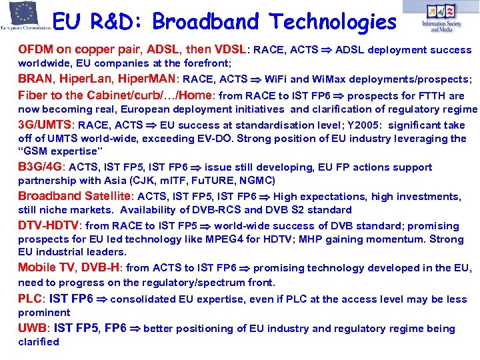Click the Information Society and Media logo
tap(442, 17)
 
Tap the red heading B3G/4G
tap(39, 167)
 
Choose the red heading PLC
tap(29, 299)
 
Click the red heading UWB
tap(31, 328)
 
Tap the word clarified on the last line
tap(39, 341)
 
